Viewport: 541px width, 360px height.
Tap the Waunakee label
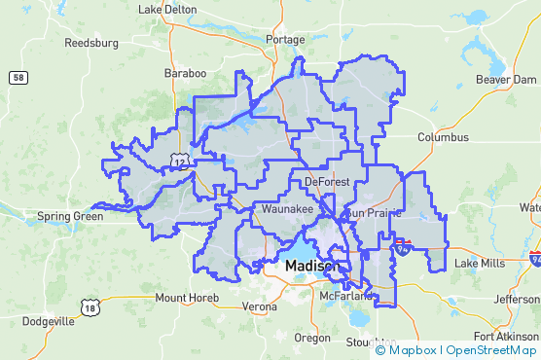pos(283,209)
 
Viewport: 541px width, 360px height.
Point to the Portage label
pos(285,40)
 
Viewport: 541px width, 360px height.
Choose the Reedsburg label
pos(90,43)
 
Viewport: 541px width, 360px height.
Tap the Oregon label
pos(312,338)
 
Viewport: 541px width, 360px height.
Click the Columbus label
pos(443,138)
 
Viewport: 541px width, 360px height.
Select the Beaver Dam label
pos(500,79)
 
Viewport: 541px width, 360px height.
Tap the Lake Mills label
pos(481,264)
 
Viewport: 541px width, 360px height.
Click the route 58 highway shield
pos(18,77)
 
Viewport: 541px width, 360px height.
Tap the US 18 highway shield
pos(90,306)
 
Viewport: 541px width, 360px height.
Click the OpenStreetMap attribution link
pos(490,350)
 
